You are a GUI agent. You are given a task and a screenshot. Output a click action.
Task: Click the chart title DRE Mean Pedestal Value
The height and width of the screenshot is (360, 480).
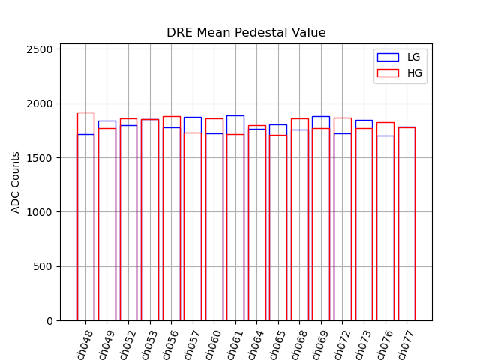click(246, 33)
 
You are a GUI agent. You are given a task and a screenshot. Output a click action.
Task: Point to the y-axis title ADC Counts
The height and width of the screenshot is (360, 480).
click(16, 182)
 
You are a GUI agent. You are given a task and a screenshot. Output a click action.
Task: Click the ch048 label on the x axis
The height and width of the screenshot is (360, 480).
click(84, 343)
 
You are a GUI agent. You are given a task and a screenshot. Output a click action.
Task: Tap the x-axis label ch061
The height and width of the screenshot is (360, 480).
click(234, 343)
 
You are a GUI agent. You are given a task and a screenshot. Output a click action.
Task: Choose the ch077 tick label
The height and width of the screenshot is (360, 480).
click(406, 343)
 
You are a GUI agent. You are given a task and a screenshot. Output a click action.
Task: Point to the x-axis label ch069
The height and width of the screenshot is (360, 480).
click(319, 343)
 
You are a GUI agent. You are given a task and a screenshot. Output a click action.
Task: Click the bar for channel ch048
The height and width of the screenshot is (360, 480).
click(85, 225)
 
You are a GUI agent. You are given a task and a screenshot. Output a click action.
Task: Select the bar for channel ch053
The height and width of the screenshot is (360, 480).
click(150, 225)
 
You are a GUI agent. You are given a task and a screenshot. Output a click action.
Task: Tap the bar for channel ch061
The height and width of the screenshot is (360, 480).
click(235, 225)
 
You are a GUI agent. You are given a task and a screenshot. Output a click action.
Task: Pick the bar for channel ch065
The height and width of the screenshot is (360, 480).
click(278, 225)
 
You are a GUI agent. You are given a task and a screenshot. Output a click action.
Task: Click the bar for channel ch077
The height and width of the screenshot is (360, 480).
click(406, 225)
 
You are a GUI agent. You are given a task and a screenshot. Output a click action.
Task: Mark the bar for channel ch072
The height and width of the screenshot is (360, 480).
click(343, 225)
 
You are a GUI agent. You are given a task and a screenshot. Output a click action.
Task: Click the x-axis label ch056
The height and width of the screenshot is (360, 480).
click(169, 343)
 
